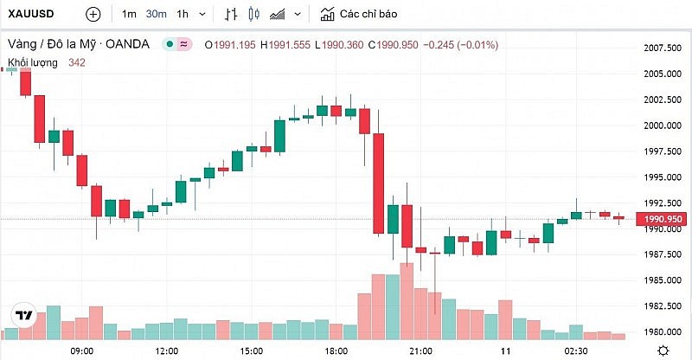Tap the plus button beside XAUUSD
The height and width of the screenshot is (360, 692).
[x=93, y=15]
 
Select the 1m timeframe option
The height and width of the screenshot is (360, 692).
[x=129, y=15]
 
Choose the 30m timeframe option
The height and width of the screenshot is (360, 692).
[x=156, y=15]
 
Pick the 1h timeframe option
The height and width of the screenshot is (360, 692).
[x=182, y=15]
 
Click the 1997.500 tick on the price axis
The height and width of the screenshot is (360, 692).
[x=660, y=151]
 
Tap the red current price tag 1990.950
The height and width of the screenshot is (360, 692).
[x=661, y=220]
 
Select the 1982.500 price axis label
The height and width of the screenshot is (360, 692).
[x=660, y=306]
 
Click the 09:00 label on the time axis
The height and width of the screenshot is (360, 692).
[x=82, y=350]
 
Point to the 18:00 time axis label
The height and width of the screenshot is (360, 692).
[x=336, y=350]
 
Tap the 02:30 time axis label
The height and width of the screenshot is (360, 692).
[x=578, y=350]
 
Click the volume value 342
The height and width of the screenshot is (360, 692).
[x=77, y=61]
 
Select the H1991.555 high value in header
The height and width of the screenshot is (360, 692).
[x=285, y=44]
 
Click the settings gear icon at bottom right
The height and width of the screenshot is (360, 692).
[x=662, y=350]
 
